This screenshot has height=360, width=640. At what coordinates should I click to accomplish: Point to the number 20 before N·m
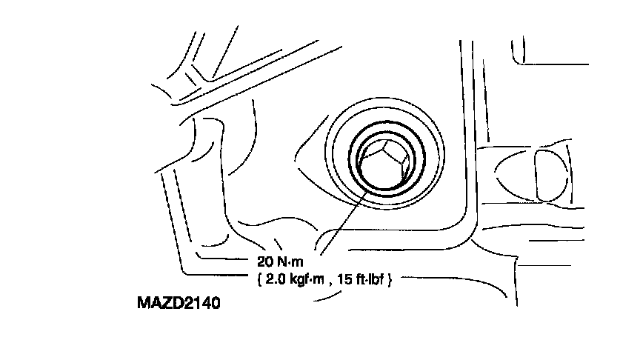point(264,261)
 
